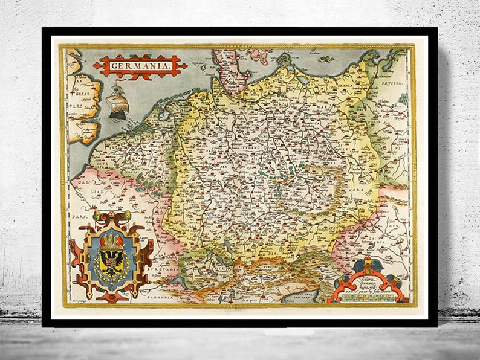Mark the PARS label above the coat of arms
pos(77,196)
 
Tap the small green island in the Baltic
pos(327,59)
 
